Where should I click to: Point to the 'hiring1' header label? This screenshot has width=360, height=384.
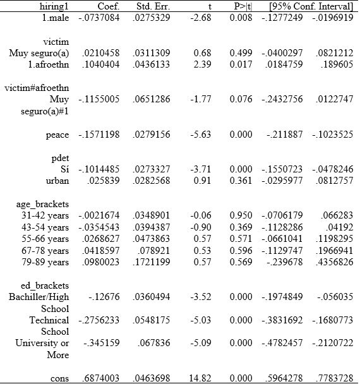pos(53,6)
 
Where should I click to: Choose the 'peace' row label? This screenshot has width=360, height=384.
pos(57,135)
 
